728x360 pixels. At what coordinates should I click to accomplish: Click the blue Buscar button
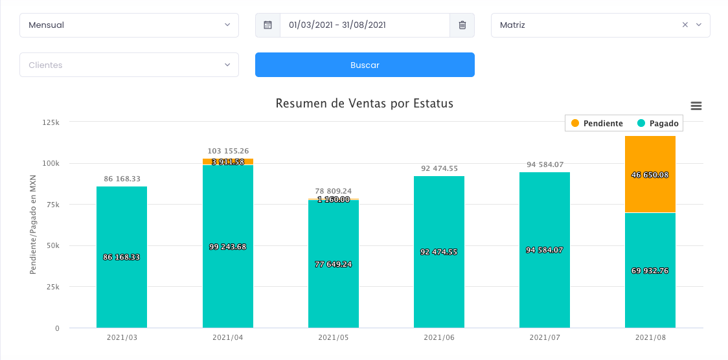click(365, 65)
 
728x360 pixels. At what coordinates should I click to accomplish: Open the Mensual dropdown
click(129, 25)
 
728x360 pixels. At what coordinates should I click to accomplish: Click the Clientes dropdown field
click(129, 65)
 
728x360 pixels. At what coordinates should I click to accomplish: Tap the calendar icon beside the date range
click(267, 25)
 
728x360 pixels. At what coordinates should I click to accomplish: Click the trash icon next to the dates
click(462, 25)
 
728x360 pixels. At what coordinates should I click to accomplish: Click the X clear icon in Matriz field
click(685, 25)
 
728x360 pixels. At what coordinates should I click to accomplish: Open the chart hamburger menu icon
click(696, 106)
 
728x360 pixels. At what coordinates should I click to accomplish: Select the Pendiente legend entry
click(597, 123)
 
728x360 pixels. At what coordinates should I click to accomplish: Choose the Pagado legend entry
click(658, 123)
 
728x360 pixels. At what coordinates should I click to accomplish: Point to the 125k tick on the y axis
click(51, 122)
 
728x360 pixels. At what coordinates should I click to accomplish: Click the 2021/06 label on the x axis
click(439, 337)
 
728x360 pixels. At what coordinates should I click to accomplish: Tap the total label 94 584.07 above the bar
click(545, 164)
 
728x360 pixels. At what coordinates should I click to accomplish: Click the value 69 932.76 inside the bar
click(650, 271)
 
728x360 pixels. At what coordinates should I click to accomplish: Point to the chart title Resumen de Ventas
click(364, 104)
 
